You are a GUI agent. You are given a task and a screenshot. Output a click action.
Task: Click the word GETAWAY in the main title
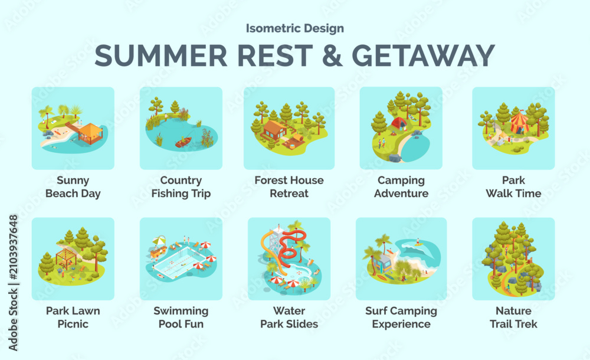pyautogui.click(x=423, y=55)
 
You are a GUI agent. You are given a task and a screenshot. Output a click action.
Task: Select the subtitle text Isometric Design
pyautogui.click(x=294, y=28)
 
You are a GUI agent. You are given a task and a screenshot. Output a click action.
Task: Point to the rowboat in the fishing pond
pyautogui.click(x=183, y=142)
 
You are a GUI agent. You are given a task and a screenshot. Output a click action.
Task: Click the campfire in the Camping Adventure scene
pyautogui.click(x=393, y=133)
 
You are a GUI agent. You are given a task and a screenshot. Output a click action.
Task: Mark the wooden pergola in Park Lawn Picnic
pyautogui.click(x=66, y=258)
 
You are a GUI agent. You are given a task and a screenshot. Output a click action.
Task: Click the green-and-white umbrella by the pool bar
pyautogui.click(x=159, y=240)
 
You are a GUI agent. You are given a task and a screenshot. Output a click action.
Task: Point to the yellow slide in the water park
pyautogui.click(x=270, y=253)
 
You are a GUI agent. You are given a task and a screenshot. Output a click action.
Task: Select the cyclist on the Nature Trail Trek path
pyautogui.click(x=509, y=289)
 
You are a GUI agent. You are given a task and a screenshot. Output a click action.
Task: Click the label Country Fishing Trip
pyautogui.click(x=181, y=186)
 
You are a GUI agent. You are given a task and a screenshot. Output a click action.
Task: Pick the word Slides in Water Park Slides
pyautogui.click(x=302, y=324)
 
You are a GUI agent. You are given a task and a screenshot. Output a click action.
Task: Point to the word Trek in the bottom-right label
pyautogui.click(x=526, y=324)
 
